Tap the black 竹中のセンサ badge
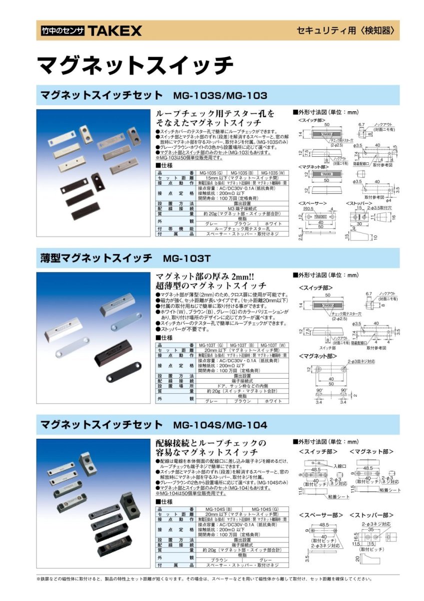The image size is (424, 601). (x=62, y=32)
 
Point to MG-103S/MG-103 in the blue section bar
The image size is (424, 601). (x=220, y=95)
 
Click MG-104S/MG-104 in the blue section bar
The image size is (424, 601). (x=220, y=425)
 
